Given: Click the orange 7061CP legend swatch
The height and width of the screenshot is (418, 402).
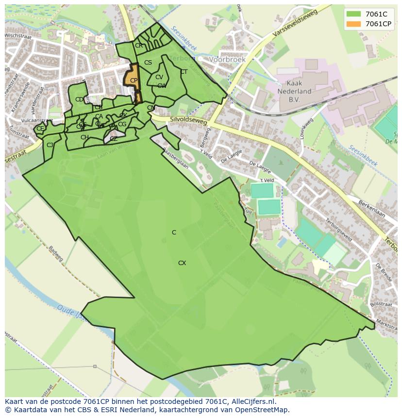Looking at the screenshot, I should (x=353, y=24).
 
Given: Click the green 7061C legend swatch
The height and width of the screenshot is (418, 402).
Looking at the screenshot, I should (x=353, y=14).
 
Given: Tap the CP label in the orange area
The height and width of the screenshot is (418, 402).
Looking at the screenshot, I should (x=134, y=81).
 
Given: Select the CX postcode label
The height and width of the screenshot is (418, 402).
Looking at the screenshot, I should (x=182, y=263).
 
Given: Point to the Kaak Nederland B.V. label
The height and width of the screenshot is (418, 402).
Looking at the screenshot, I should (x=294, y=91).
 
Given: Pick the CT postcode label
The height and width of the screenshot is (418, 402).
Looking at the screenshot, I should (x=184, y=72).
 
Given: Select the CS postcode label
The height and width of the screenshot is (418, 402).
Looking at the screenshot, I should (x=148, y=63).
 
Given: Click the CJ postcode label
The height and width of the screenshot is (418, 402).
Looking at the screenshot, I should (x=50, y=145).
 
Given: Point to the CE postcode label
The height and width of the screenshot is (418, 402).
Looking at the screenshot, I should (x=40, y=129).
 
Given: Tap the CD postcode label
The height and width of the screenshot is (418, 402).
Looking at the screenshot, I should (x=79, y=100).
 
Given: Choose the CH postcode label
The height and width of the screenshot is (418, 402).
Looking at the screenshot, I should (x=84, y=137).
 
